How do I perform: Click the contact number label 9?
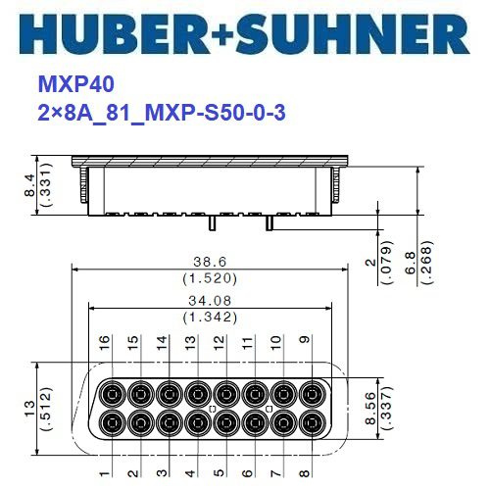click(x=305, y=344)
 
